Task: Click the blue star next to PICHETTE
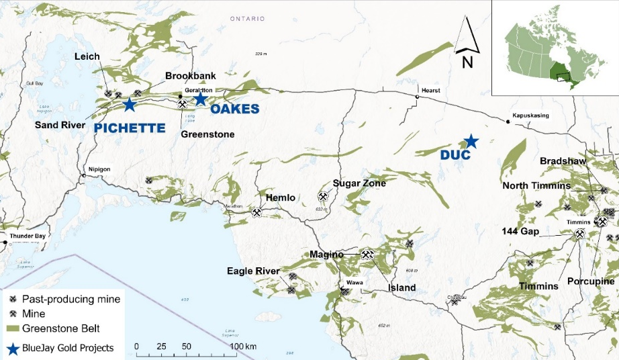(x=129, y=104)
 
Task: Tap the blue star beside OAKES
(x=200, y=99)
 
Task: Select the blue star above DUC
(x=471, y=141)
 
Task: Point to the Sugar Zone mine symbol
(x=324, y=197)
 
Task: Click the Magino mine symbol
(x=367, y=255)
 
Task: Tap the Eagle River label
(x=253, y=271)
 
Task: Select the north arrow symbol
(x=467, y=37)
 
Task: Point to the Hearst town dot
(x=417, y=97)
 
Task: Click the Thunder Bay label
(x=26, y=236)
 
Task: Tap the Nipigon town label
(x=99, y=169)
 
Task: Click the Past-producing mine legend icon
(x=13, y=299)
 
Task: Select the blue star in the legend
(x=13, y=347)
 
